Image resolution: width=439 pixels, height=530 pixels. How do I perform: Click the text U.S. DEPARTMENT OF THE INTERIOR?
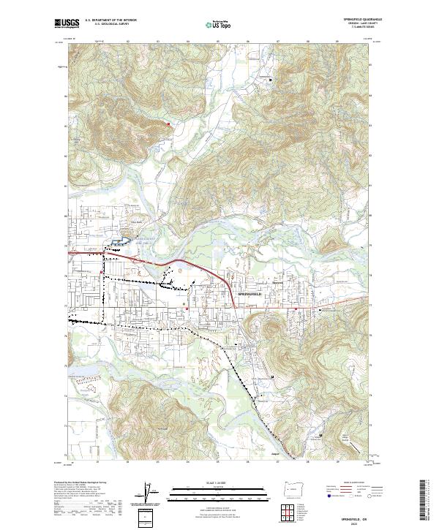pyautogui.click(x=110, y=20)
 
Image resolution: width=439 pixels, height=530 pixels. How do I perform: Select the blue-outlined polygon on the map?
pyautogui.click(x=121, y=241)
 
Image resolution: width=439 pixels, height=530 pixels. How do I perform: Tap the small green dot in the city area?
pyautogui.click(x=184, y=303)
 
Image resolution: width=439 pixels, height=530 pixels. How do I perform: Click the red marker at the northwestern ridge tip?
pyautogui.click(x=168, y=124)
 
